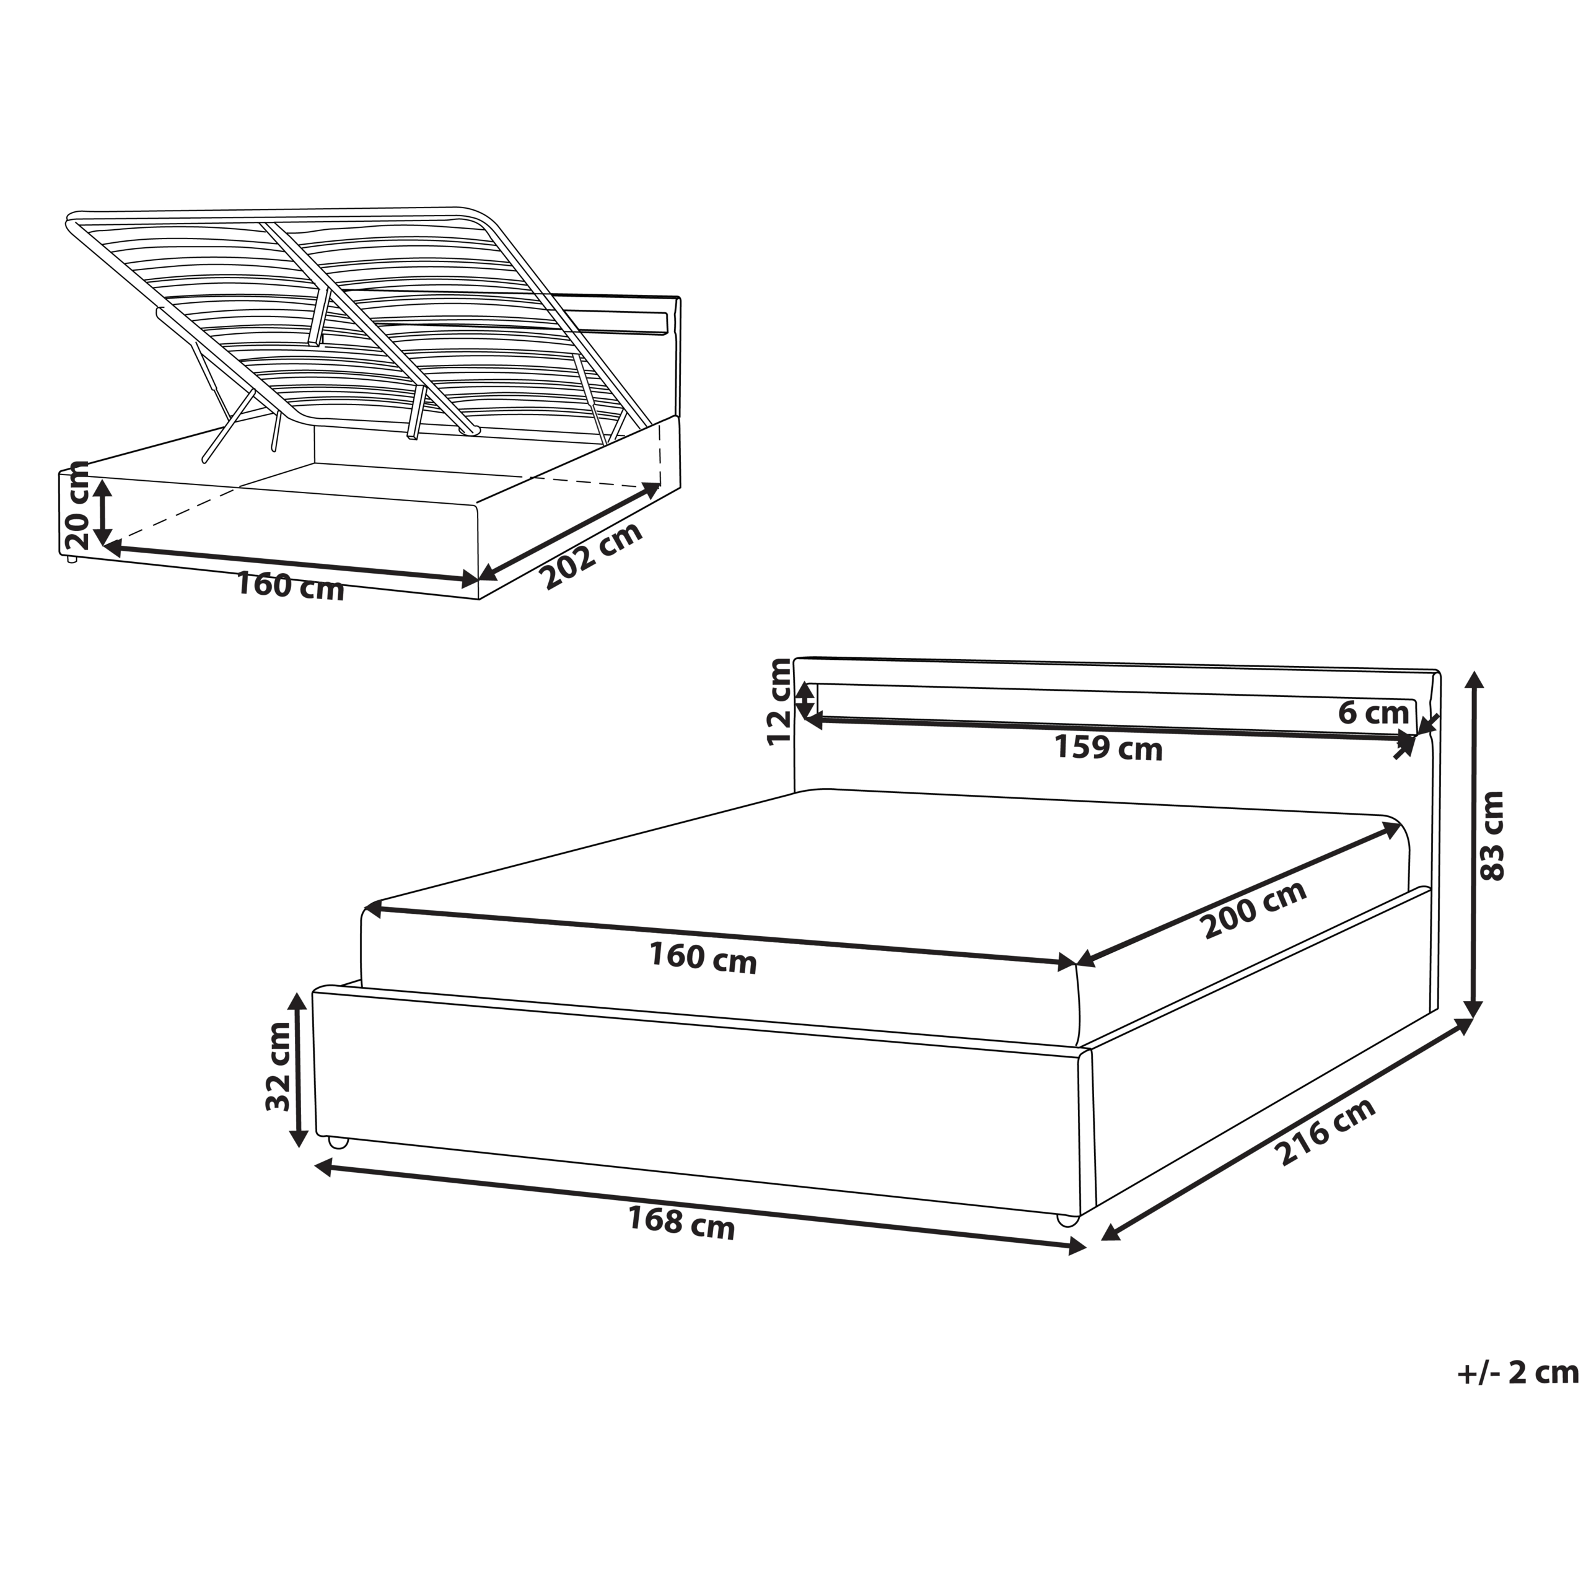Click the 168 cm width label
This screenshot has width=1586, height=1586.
[681, 1222]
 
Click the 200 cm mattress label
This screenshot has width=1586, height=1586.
[1253, 910]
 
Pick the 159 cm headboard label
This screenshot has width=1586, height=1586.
[1108, 748]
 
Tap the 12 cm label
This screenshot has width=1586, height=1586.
[779, 702]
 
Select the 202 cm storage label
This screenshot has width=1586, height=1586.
[592, 556]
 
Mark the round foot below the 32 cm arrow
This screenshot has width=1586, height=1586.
[338, 1142]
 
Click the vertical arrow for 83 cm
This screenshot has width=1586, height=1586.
[1474, 844]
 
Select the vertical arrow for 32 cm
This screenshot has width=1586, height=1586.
[299, 1069]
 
